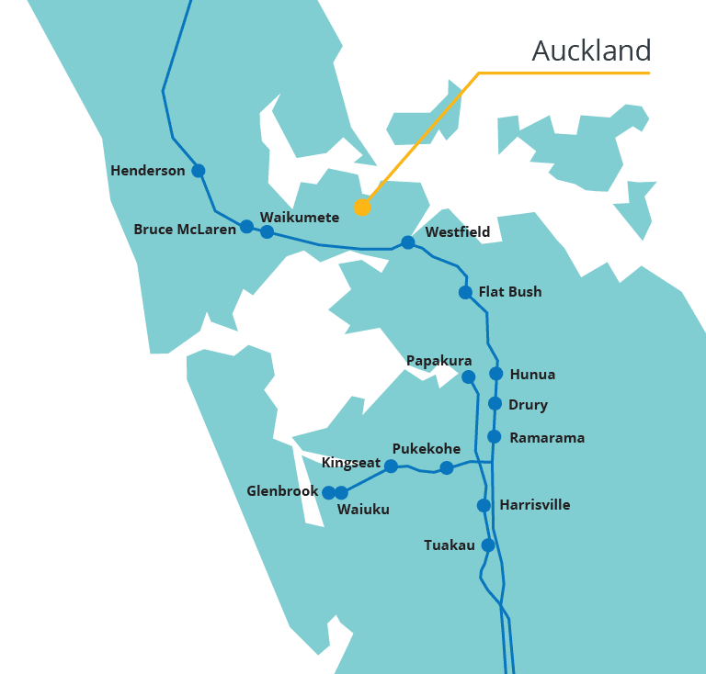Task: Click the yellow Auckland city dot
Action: pos(362,207)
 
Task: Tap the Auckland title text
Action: pos(591,51)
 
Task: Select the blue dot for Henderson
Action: pos(198,171)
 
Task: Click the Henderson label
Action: pos(147,171)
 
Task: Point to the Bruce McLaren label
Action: pos(185,230)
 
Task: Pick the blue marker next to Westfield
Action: pos(408,242)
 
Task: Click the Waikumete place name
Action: pos(300,218)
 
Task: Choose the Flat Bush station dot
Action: pos(465,292)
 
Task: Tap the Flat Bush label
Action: pos(510,292)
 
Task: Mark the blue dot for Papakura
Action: pos(468,376)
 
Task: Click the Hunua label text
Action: pos(532,375)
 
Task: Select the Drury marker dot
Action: pos(495,404)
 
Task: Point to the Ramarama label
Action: pos(547,438)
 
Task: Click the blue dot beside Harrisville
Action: pos(484,505)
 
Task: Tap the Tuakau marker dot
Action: pos(488,545)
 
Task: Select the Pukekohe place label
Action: pos(426,449)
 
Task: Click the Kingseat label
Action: pos(350,463)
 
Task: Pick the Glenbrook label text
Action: pos(282,491)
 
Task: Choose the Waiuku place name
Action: pos(363,510)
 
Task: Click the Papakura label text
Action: pos(439,361)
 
